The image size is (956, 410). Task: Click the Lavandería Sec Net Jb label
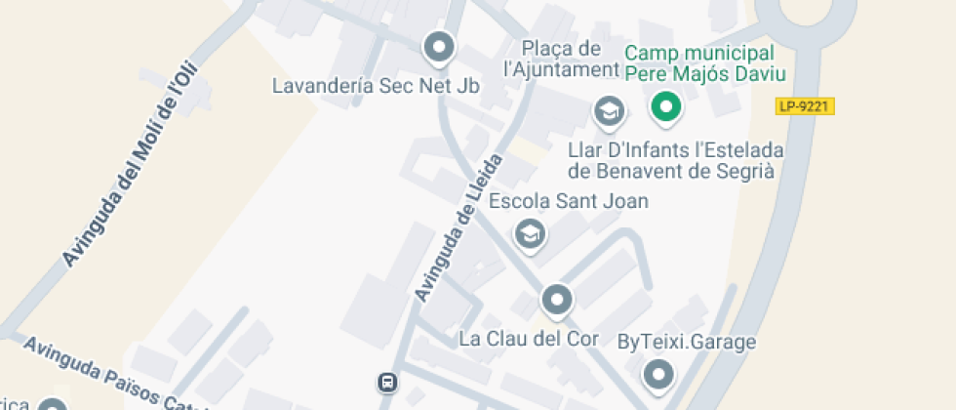(x=376, y=86)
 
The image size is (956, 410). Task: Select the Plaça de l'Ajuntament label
(x=561, y=59)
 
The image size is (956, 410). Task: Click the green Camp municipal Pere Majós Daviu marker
(x=666, y=105)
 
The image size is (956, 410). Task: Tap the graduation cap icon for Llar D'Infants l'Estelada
(x=610, y=111)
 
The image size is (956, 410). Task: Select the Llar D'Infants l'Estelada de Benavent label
(x=676, y=160)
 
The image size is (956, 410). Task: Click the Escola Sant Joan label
(x=569, y=202)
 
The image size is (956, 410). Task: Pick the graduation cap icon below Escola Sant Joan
(x=530, y=234)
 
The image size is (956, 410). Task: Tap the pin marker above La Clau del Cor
(x=556, y=299)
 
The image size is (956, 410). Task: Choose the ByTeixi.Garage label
(x=687, y=342)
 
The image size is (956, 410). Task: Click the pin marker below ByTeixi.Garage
(x=659, y=374)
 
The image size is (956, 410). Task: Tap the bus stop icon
(x=388, y=382)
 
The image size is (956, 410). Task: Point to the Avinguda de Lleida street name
(x=458, y=227)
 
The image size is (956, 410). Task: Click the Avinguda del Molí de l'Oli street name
(x=130, y=166)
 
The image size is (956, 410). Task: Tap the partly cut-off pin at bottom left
(x=51, y=404)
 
